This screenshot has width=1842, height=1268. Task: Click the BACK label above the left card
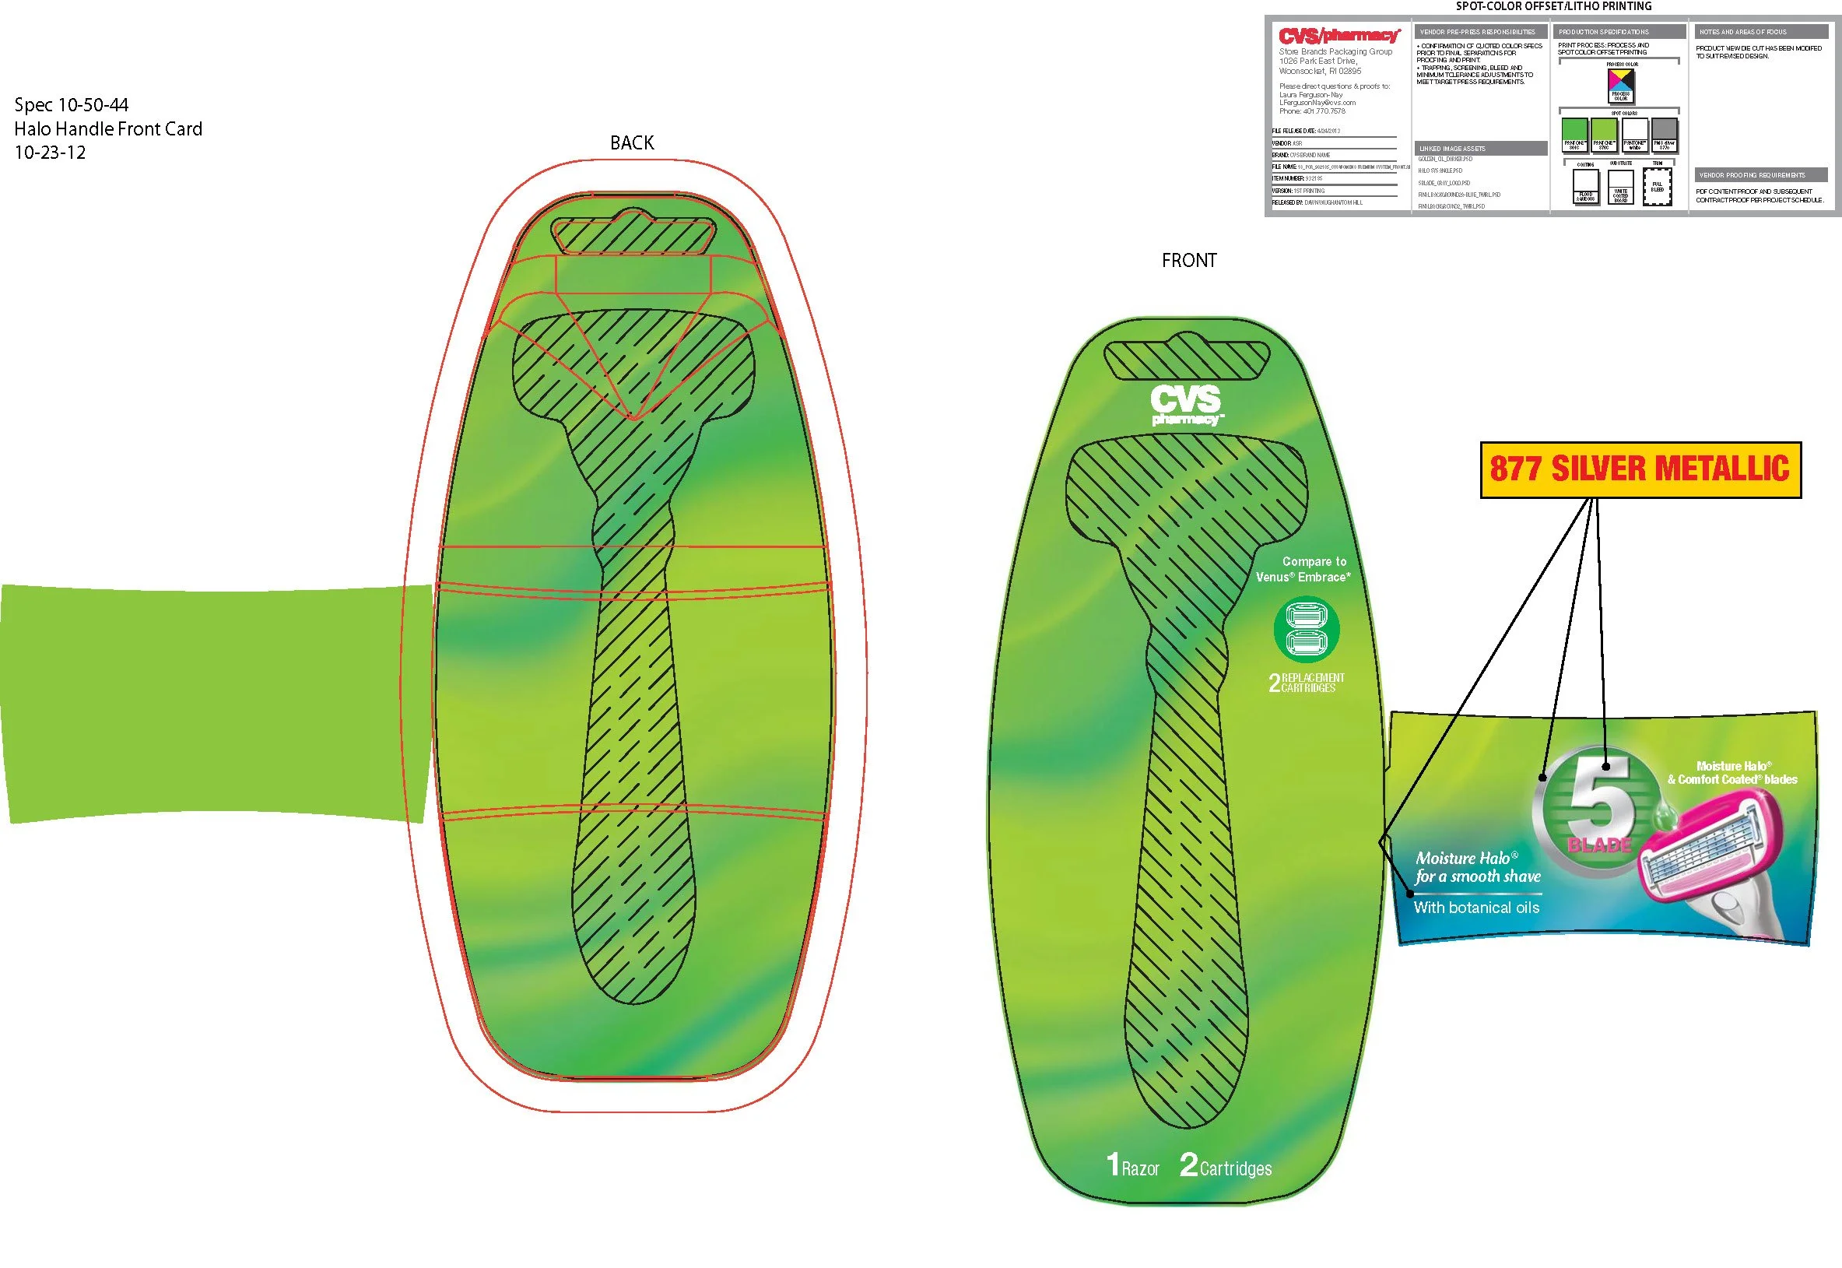(631, 143)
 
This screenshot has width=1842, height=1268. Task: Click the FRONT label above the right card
(1188, 261)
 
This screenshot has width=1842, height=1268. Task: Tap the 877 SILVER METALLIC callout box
(1640, 469)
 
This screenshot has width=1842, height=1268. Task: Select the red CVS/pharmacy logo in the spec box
(1339, 36)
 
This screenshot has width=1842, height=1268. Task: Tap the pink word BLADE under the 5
(1599, 845)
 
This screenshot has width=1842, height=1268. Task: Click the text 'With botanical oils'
(1475, 908)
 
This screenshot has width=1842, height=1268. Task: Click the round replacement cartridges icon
(1307, 629)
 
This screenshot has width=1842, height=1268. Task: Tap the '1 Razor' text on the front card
(1133, 1166)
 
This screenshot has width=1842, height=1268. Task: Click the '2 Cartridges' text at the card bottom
(1226, 1166)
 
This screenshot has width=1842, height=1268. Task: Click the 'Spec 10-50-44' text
(72, 105)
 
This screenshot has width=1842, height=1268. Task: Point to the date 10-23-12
(50, 153)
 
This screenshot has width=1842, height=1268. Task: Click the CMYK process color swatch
(1620, 83)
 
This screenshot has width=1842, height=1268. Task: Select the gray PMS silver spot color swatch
(1664, 134)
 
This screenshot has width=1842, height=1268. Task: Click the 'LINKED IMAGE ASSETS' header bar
(1481, 149)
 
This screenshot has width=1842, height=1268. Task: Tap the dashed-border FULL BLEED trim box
(1657, 187)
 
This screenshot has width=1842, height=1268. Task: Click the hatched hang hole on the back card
(633, 234)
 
